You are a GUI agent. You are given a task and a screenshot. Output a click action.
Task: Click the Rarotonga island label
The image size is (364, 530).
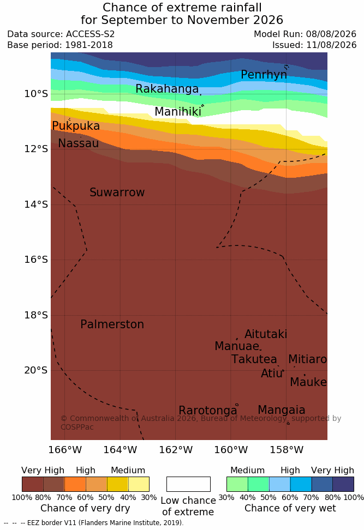click(x=208, y=410)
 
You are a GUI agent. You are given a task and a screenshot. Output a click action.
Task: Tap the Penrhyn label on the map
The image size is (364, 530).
click(x=264, y=75)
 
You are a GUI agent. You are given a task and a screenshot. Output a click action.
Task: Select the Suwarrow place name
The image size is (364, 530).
click(x=117, y=192)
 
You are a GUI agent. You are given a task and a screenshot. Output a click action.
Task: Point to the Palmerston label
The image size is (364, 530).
click(x=112, y=324)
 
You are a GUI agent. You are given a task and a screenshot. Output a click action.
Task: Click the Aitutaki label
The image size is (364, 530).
click(x=266, y=334)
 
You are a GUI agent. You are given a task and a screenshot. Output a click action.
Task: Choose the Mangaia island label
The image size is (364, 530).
click(x=282, y=410)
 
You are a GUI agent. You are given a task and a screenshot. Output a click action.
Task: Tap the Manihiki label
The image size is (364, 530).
click(x=178, y=112)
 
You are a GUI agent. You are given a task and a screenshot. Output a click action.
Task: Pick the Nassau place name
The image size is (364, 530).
click(x=79, y=143)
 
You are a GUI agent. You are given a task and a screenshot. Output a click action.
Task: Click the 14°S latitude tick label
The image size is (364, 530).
click(x=36, y=204)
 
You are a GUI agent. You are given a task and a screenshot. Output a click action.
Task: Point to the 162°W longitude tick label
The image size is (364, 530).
click(x=176, y=450)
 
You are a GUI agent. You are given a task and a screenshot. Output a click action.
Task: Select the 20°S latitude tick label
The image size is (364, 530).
click(x=36, y=370)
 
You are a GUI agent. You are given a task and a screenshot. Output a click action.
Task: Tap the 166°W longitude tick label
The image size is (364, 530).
click(x=65, y=450)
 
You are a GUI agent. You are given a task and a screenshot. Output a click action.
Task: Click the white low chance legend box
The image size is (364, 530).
click(x=188, y=484)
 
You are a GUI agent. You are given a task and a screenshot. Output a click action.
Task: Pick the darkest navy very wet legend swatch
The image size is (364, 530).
click(x=343, y=484)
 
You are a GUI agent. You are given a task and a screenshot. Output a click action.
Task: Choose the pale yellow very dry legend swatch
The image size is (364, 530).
click(x=139, y=484)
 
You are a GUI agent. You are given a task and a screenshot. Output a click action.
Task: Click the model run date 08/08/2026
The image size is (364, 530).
click(x=331, y=34)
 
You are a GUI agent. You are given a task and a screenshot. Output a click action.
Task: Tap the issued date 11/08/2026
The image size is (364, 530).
click(x=331, y=45)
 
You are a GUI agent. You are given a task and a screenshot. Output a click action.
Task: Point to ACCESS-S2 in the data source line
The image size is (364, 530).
click(x=91, y=34)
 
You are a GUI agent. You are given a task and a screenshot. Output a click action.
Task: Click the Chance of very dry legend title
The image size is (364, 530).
click(x=85, y=508)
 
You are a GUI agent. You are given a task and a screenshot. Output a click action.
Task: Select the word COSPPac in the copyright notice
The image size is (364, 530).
click(x=77, y=427)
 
